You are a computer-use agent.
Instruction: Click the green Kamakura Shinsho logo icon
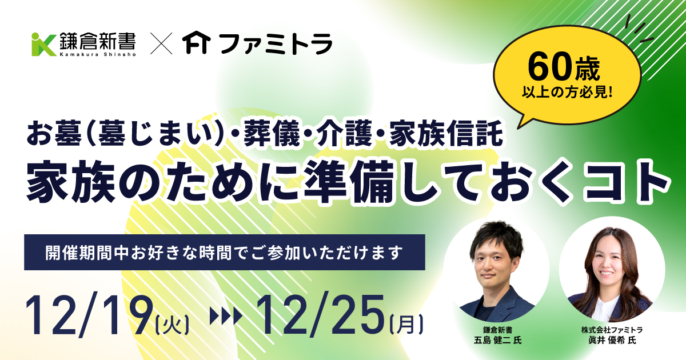click(x=44, y=44)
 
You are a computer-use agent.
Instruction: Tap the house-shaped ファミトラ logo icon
click(x=196, y=42)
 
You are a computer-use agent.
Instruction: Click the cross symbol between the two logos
click(x=161, y=44)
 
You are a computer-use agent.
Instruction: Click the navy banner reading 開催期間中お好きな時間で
click(x=225, y=252)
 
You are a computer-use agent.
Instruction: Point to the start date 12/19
click(x=89, y=315)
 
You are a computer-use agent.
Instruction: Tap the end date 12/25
click(x=321, y=315)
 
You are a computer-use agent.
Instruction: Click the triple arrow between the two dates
click(x=226, y=317)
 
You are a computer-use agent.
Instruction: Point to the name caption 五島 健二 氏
click(x=497, y=341)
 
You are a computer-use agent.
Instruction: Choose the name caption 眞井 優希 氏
click(x=612, y=340)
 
